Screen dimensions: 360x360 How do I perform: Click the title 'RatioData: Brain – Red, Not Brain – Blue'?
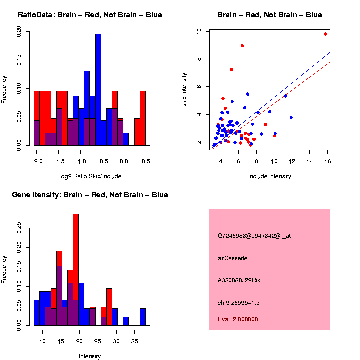coord(90,15)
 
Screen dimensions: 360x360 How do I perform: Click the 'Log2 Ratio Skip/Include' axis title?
coord(90,176)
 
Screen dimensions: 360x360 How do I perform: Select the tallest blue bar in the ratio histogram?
coord(98,90)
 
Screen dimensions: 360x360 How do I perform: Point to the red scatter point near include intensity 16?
coord(325,34)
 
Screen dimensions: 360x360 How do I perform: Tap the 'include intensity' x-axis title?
coord(270,176)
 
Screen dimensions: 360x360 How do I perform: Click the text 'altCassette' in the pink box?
coord(233,258)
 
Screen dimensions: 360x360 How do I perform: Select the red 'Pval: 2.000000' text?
coord(238,319)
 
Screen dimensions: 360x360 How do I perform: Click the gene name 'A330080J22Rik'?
coord(239,280)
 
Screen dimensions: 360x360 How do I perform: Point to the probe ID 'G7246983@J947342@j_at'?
coord(254,235)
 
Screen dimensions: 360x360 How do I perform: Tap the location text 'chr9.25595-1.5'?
coord(238,303)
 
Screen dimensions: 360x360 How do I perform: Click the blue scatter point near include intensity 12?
coord(291,117)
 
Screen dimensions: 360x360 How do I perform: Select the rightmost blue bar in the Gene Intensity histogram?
coord(142,317)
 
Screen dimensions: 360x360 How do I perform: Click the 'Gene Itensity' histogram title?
coord(90,195)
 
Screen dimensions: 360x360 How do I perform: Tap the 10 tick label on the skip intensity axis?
coord(199,31)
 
